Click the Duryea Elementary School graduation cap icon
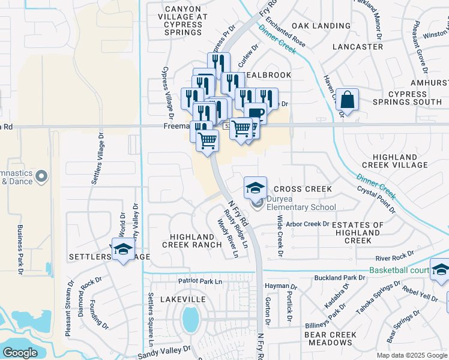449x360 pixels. tap(255, 187)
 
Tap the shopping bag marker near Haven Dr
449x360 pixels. tap(347, 100)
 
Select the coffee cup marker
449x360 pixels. tap(255, 113)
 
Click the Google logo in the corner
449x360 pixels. tap(20, 353)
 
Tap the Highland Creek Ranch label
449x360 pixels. tap(192, 241)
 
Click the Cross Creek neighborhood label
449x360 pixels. tap(303, 189)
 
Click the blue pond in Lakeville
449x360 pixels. tap(190, 319)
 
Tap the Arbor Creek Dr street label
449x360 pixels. tap(307, 224)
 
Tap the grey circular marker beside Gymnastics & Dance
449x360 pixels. tap(41, 176)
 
